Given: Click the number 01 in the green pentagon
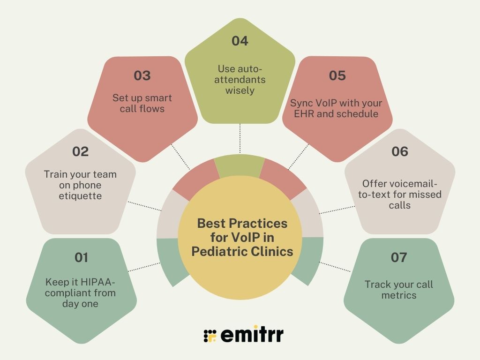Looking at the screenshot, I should [x=81, y=257].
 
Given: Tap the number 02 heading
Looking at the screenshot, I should [x=80, y=151].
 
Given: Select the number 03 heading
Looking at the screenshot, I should [x=142, y=75].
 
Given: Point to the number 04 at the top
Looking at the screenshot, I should [x=240, y=41].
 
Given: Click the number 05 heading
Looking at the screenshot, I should [x=337, y=75].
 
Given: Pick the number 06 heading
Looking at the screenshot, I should [x=399, y=151].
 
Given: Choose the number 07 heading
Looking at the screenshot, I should [x=399, y=257].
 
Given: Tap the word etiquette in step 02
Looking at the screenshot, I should [x=80, y=196].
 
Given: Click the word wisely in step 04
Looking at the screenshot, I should [x=240, y=90].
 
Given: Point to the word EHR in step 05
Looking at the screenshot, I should [x=302, y=113].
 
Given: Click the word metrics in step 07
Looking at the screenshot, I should [x=399, y=295].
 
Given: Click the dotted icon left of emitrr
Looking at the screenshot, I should [x=210, y=336].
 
